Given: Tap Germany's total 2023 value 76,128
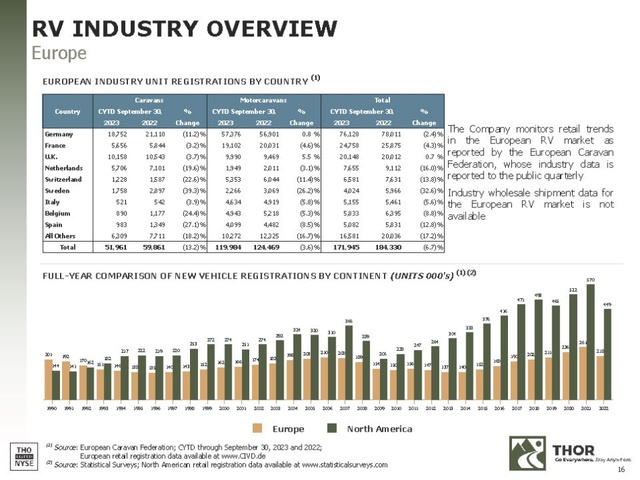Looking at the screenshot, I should pyautogui.click(x=344, y=134).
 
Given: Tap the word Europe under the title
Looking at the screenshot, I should pyautogui.click(x=59, y=53).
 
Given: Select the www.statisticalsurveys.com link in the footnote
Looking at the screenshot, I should pyautogui.click(x=344, y=464).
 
